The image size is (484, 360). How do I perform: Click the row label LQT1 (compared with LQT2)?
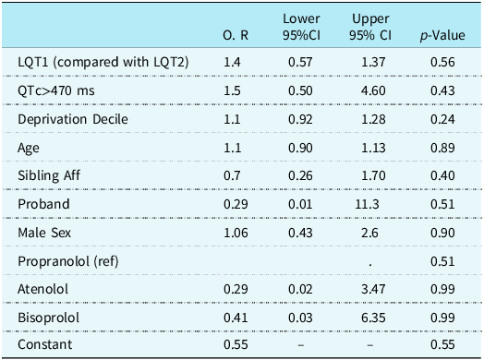pyautogui.click(x=103, y=61)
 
